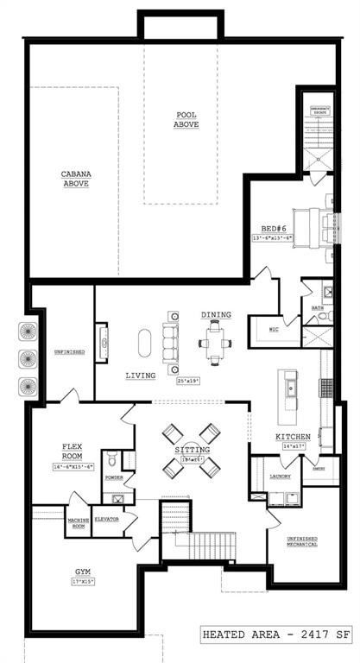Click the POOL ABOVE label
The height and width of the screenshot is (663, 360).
click(x=186, y=120)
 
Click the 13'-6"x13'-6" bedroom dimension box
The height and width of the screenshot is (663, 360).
click(x=275, y=237)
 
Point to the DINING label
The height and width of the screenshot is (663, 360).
click(x=215, y=315)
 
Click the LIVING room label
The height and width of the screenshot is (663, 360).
click(x=140, y=376)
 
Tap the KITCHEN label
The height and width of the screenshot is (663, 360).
click(x=293, y=437)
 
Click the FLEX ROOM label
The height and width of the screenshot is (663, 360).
click(x=72, y=451)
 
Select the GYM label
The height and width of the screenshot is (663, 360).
click(x=82, y=571)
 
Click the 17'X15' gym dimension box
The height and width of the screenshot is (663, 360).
click(x=83, y=582)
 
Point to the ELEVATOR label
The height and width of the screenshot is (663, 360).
click(x=106, y=519)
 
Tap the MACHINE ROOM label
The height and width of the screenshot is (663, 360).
click(x=79, y=522)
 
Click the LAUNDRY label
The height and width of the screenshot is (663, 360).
click(x=280, y=477)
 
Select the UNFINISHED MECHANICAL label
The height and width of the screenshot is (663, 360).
click(x=302, y=540)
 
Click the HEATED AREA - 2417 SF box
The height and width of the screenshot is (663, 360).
click(x=276, y=635)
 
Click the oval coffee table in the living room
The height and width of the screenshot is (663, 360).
click(x=144, y=342)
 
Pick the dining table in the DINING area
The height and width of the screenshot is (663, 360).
click(x=215, y=344)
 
